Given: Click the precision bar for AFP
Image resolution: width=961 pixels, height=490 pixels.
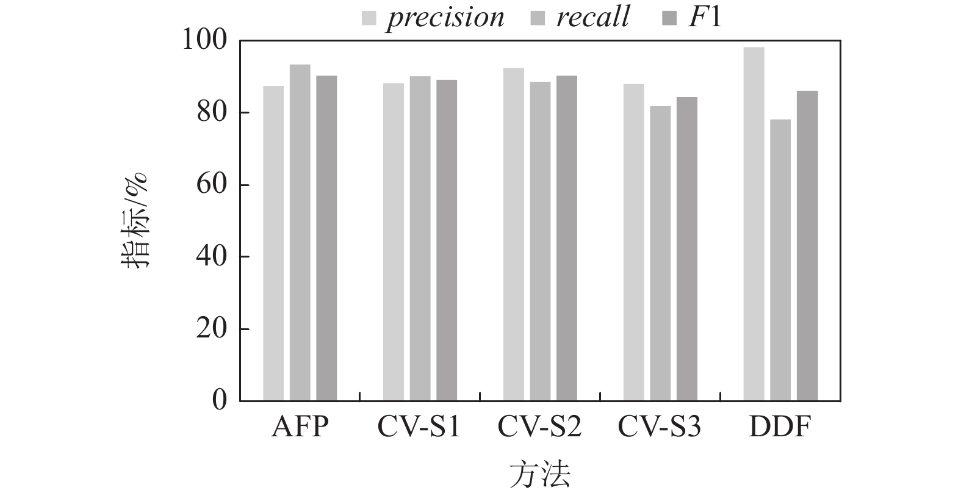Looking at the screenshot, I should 273,243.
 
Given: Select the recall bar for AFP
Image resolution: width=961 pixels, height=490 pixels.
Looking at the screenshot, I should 300,232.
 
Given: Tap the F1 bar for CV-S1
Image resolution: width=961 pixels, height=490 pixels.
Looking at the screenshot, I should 447,240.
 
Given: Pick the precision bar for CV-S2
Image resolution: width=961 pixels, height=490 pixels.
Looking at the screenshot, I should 514,234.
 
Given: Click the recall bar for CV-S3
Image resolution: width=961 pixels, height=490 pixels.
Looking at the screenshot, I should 660,253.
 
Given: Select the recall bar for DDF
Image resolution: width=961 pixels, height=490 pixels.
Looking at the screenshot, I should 780,260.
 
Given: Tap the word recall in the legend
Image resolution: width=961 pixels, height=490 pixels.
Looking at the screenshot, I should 592,17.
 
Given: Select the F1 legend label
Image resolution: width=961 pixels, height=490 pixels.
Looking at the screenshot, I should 705,17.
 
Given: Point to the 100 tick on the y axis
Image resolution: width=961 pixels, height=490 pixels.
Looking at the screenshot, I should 211,41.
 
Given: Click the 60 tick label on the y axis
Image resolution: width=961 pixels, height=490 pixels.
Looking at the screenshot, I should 211,185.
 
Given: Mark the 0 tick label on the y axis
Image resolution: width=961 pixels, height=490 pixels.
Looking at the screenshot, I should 219,401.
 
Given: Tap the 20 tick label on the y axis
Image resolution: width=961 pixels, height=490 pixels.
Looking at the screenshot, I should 211,329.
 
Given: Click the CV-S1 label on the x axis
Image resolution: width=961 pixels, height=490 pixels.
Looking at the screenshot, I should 419,427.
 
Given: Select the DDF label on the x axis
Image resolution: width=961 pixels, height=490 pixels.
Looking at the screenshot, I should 779,427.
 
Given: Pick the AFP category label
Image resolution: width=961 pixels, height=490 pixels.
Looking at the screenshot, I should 300,427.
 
